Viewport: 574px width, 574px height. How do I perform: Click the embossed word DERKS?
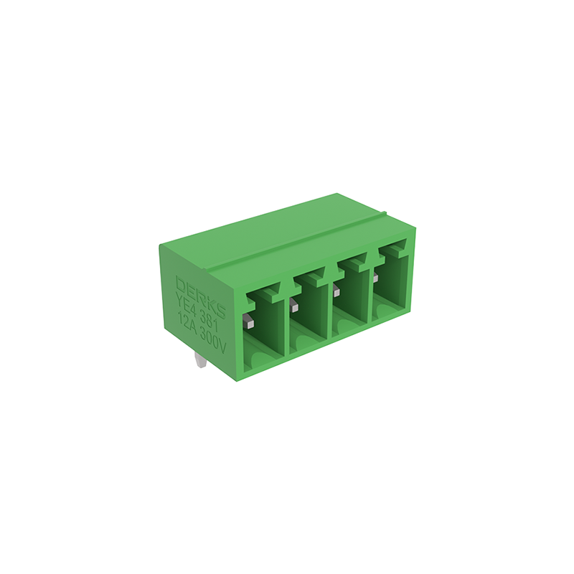(201, 296)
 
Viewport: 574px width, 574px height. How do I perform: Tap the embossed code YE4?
(186, 303)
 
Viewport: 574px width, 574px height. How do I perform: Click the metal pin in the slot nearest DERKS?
(249, 322)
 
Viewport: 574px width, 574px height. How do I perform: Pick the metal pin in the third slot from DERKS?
(337, 290)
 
